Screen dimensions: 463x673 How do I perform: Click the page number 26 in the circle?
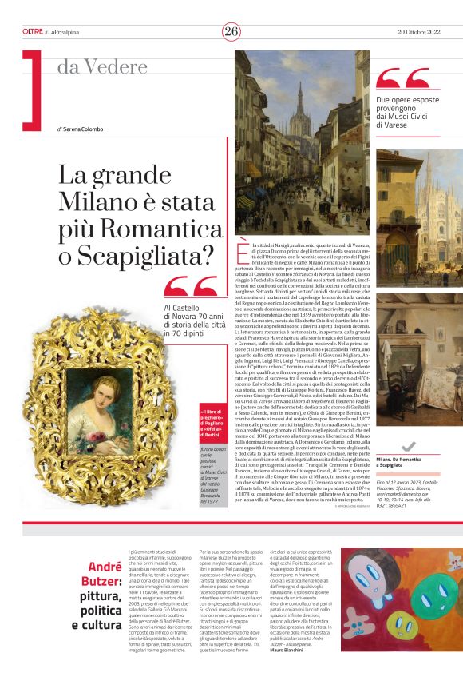coord(231,31)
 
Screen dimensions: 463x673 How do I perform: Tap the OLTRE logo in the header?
coord(33,31)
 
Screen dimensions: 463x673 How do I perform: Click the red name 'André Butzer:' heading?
coord(94,575)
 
